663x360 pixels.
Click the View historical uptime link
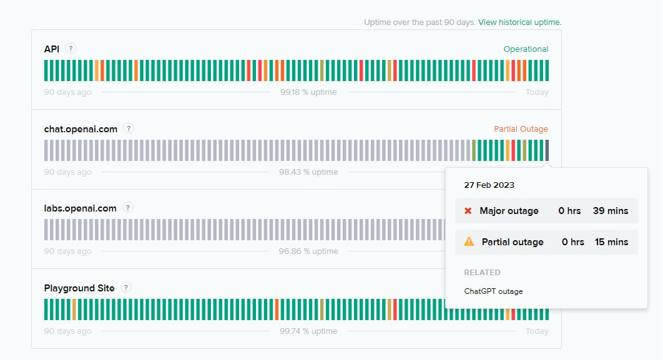pyautogui.click(x=519, y=22)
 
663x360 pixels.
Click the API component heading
pyautogui.click(x=52, y=49)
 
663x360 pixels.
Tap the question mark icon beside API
pyautogui.click(x=71, y=49)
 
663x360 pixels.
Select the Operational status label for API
pyautogui.click(x=526, y=49)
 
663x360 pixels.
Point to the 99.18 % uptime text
pyautogui.click(x=308, y=92)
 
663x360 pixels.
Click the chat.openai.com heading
pyautogui.click(x=81, y=129)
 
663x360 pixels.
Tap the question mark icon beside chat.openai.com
pyautogui.click(x=129, y=128)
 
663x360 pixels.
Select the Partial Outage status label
pyautogui.click(x=521, y=129)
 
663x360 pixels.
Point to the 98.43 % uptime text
pyautogui.click(x=308, y=172)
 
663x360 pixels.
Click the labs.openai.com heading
pyautogui.click(x=81, y=208)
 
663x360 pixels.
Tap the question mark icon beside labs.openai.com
pyautogui.click(x=128, y=208)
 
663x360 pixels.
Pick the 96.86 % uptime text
pyautogui.click(x=308, y=251)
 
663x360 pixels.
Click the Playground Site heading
pyautogui.click(x=79, y=288)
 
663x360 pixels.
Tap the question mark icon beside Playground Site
pyautogui.click(x=125, y=288)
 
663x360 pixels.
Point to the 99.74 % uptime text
pyautogui.click(x=308, y=331)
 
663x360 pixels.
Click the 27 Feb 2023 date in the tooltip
pyautogui.click(x=489, y=185)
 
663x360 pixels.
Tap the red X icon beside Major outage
pyautogui.click(x=468, y=211)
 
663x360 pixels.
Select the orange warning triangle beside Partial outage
pyautogui.click(x=469, y=241)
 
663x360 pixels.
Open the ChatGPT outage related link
pyautogui.click(x=493, y=291)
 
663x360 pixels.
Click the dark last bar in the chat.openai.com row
pyautogui.click(x=547, y=150)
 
